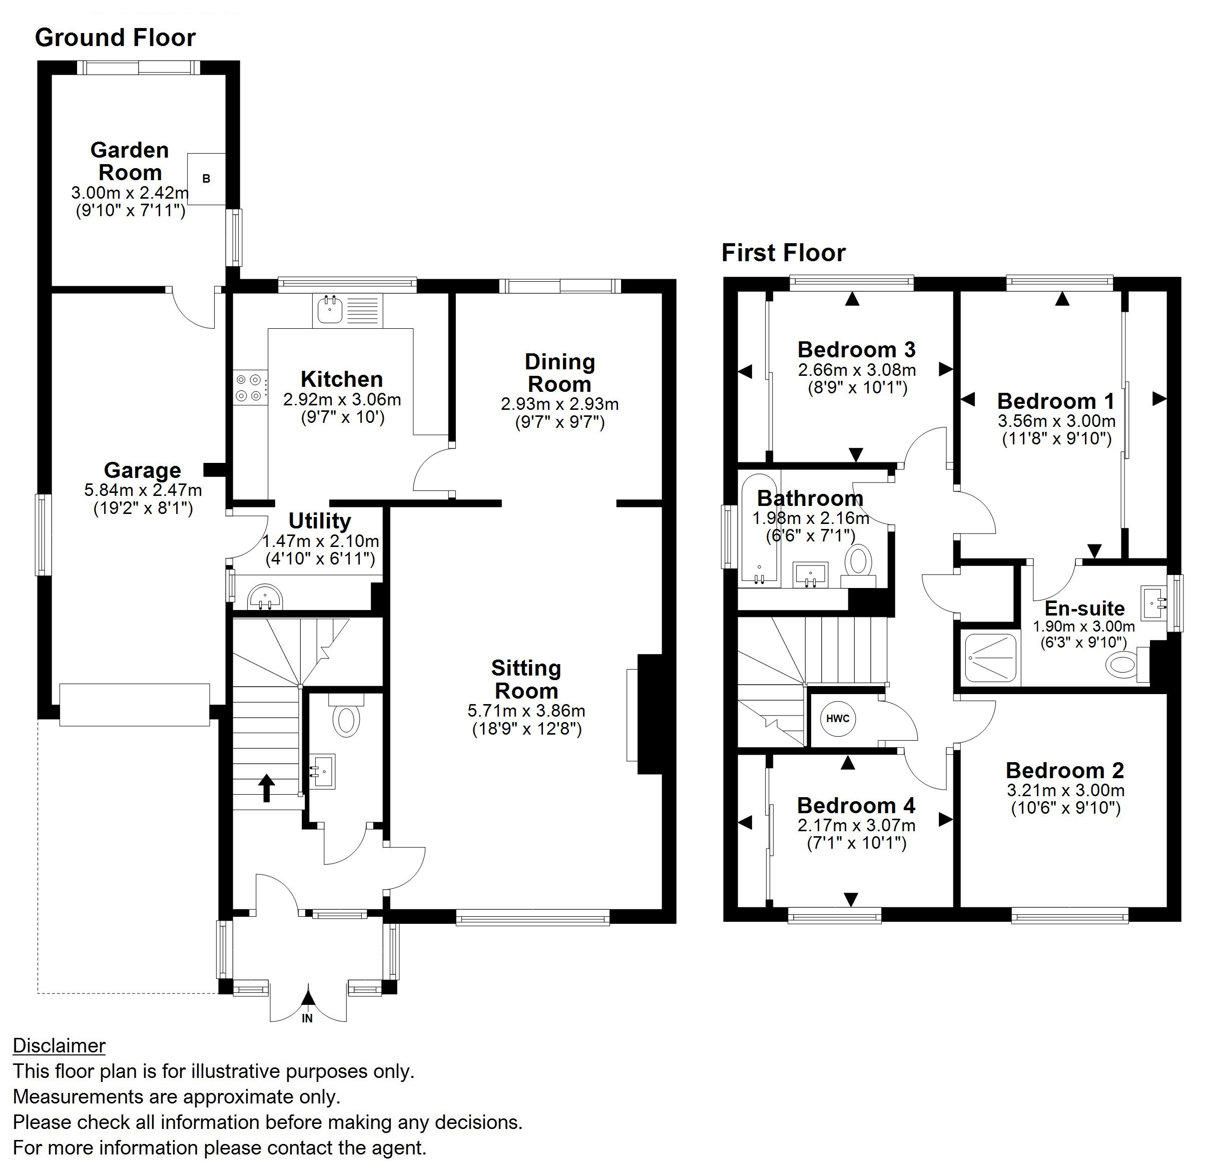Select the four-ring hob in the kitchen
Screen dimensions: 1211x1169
tap(250, 388)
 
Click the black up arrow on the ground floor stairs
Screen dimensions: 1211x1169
tap(266, 788)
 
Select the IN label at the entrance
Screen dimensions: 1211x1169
tap(307, 1018)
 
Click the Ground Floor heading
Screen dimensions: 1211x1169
tap(115, 38)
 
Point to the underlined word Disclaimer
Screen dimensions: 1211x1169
tap(60, 1045)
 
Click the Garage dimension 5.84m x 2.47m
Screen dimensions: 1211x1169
tap(143, 490)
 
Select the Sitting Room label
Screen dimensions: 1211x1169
tap(526, 679)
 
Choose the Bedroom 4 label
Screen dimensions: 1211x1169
tap(856, 805)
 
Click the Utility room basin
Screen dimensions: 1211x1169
tap(266, 597)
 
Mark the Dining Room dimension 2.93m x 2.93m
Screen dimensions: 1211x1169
tap(560, 404)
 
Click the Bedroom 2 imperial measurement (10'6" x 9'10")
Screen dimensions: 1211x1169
tap(1065, 808)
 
